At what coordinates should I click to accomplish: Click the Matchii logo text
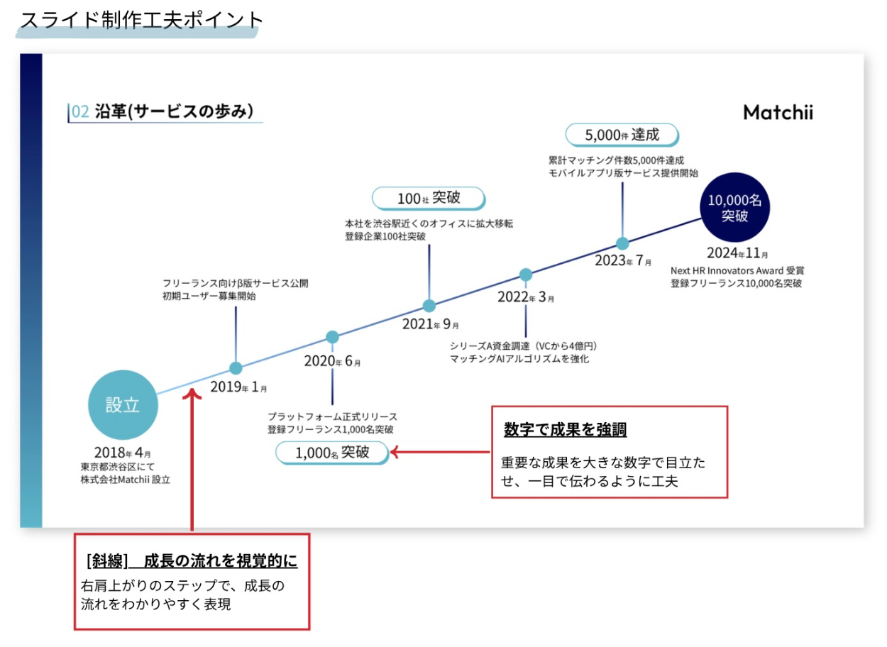pyautogui.click(x=778, y=113)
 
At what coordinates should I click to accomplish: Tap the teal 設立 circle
pyautogui.click(x=123, y=404)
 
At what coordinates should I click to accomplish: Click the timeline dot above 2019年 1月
pyautogui.click(x=236, y=368)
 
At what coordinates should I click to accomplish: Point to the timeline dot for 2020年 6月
pyautogui.click(x=332, y=337)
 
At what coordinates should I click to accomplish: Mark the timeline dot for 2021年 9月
pyautogui.click(x=429, y=306)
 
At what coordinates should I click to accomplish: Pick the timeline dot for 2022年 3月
pyautogui.click(x=526, y=275)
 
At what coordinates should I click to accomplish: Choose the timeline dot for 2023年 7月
pyautogui.click(x=622, y=243)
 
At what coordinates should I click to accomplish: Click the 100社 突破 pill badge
pyautogui.click(x=429, y=198)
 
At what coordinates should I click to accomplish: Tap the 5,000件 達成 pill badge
pyautogui.click(x=622, y=134)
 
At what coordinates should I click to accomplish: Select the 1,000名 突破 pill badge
pyautogui.click(x=332, y=453)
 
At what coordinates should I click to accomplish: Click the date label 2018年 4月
pyautogui.click(x=122, y=453)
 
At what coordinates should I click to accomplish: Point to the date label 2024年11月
pyautogui.click(x=737, y=253)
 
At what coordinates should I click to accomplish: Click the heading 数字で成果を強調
pyautogui.click(x=565, y=430)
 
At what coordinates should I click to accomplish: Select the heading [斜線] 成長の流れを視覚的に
pyautogui.click(x=192, y=561)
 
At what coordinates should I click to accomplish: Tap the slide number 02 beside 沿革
pyautogui.click(x=80, y=111)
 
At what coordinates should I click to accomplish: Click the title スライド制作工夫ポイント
pyautogui.click(x=141, y=19)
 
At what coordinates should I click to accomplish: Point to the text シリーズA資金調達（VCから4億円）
pyautogui.click(x=526, y=345)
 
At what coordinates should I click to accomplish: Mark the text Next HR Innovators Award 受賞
pyautogui.click(x=737, y=270)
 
